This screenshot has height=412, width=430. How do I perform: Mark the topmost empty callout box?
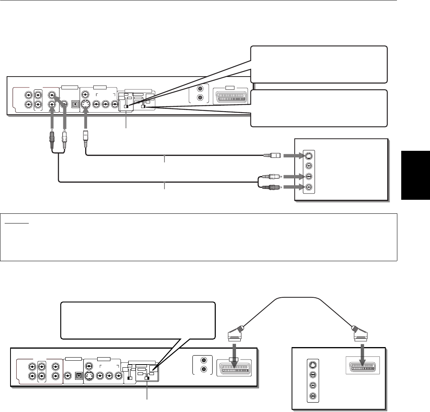point(319,65)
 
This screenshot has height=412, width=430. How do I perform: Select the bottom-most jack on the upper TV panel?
point(309,187)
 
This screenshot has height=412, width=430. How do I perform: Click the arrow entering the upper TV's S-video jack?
point(292,156)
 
